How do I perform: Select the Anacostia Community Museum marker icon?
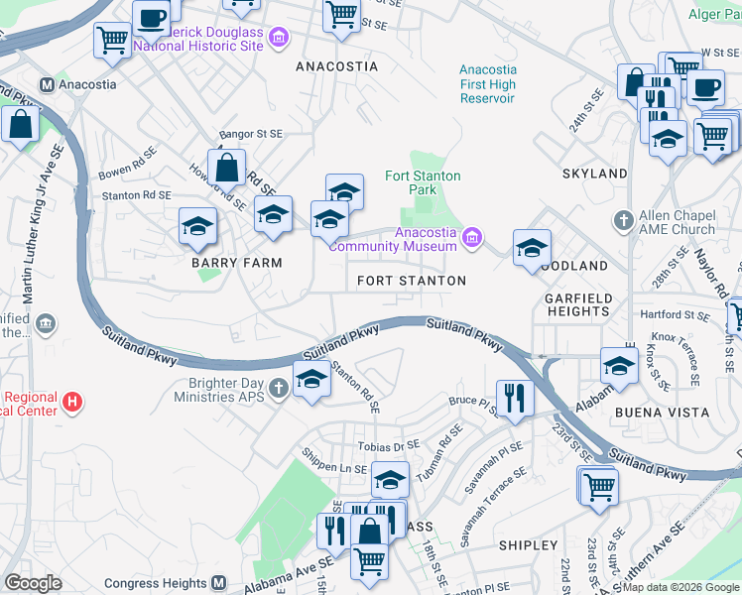point(473,236)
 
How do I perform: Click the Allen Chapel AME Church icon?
point(623,220)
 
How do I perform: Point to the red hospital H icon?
point(70,403)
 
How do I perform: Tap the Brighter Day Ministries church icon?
point(279,385)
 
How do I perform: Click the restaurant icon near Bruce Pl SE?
point(514,398)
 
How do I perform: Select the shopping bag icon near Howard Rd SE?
point(227,169)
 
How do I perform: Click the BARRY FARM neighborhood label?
point(237,264)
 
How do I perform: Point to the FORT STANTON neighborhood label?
point(412,282)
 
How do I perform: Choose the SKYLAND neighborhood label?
point(595,174)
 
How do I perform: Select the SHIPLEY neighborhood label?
point(528,545)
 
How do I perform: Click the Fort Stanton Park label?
point(423,182)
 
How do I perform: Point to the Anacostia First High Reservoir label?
point(487,84)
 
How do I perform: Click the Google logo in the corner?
point(33,583)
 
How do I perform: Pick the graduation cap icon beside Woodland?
point(533,248)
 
